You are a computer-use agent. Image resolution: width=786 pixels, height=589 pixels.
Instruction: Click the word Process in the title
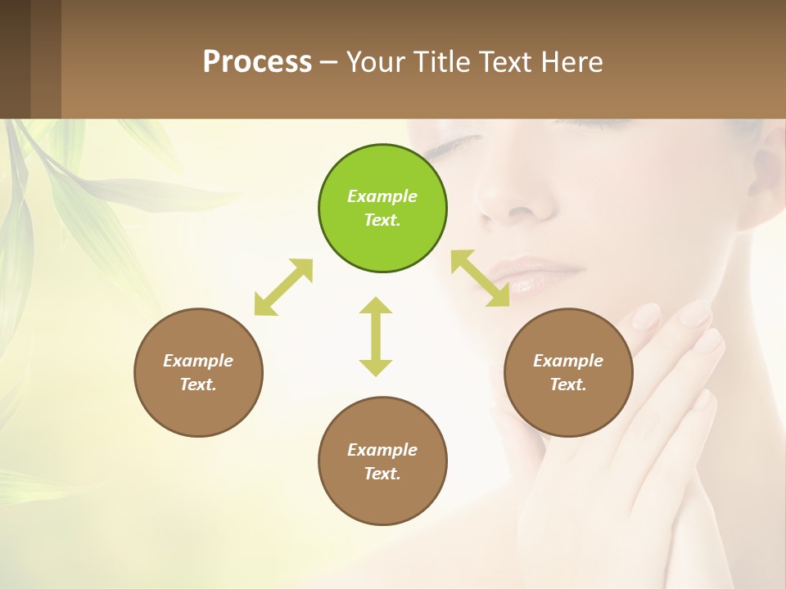click(257, 62)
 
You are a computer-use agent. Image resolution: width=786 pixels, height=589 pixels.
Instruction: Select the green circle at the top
click(382, 208)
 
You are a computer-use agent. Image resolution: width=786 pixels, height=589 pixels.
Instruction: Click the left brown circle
click(198, 372)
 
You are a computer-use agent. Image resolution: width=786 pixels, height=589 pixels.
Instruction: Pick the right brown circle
click(568, 372)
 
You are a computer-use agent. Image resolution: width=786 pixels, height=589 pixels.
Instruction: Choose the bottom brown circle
click(382, 461)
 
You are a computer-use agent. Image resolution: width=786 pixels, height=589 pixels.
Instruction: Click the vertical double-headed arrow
click(376, 336)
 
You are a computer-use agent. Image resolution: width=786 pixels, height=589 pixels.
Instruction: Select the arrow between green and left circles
click(283, 287)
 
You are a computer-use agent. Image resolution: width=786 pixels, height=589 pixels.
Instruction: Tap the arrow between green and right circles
click(480, 278)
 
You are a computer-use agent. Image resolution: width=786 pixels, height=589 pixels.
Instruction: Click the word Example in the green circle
click(382, 196)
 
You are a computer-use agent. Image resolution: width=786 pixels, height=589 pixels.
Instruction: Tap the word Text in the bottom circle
click(382, 474)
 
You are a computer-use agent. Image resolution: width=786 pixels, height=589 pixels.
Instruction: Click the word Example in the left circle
click(198, 361)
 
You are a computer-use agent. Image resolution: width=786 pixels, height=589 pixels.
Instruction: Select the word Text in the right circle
click(568, 384)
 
